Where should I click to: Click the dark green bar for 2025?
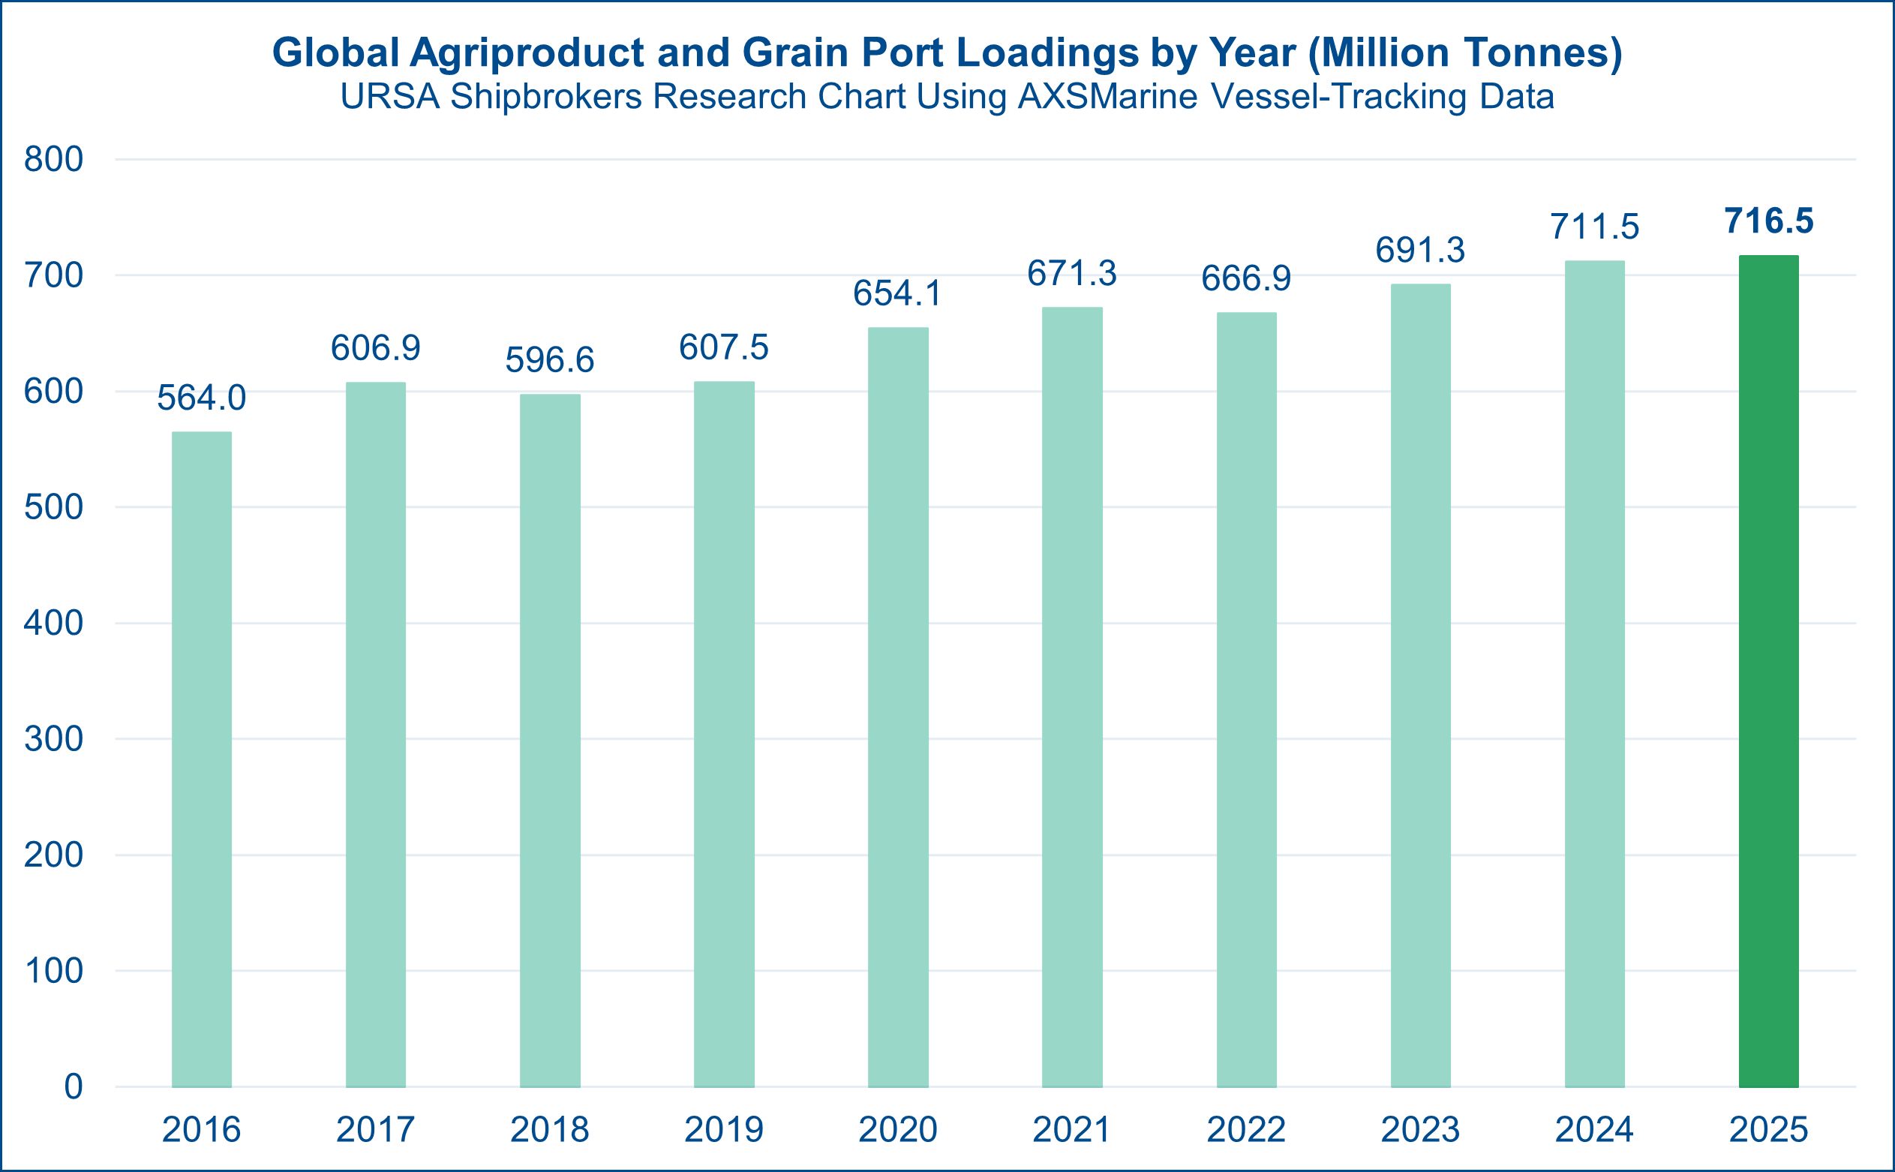point(1769,671)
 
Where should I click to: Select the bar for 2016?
point(202,759)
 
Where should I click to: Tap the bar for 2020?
point(897,707)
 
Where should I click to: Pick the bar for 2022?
point(1246,699)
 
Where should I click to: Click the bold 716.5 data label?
point(1769,221)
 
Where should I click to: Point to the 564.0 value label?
point(202,398)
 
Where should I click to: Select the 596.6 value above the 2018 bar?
point(549,360)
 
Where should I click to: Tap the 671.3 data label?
point(1072,274)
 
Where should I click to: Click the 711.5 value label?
point(1594,227)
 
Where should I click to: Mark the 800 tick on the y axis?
point(53,160)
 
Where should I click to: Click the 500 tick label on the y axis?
point(53,508)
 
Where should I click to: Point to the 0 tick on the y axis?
point(73,1086)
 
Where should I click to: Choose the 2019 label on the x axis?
point(724,1129)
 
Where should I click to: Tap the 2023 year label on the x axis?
point(1420,1129)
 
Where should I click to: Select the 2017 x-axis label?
point(376,1129)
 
